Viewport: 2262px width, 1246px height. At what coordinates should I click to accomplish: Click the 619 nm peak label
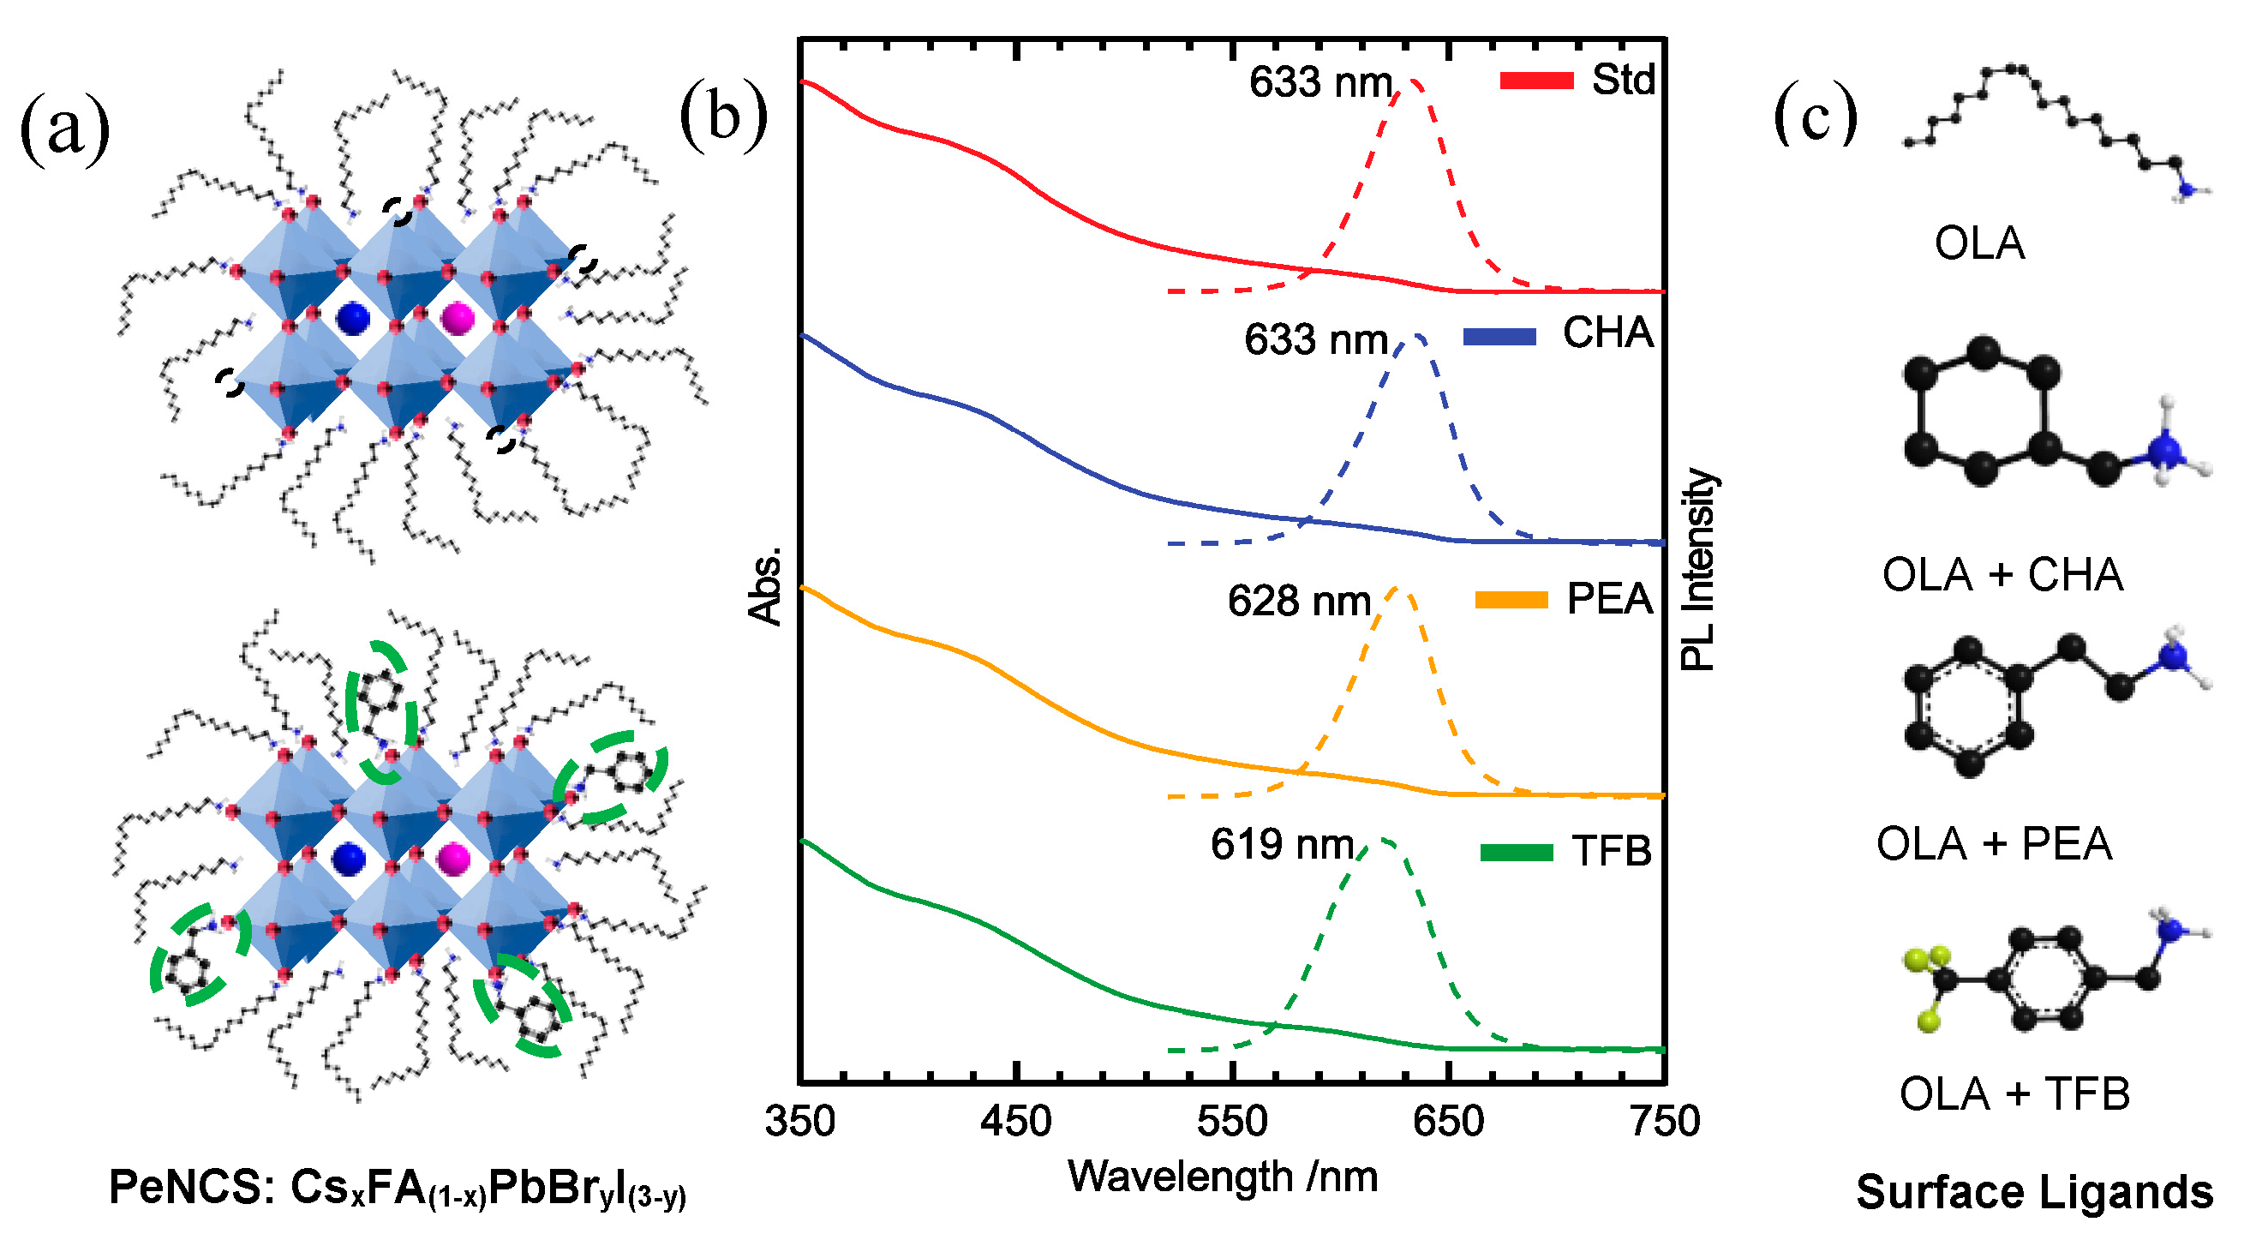coord(1282,845)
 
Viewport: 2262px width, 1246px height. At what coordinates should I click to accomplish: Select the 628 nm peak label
coord(1299,602)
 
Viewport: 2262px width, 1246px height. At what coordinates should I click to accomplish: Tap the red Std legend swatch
coord(1535,81)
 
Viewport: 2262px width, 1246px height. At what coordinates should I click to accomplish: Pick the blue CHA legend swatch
coord(1499,336)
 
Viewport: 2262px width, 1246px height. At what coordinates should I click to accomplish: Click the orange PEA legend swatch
coord(1511,601)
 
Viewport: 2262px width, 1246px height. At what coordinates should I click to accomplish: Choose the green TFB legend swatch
coord(1517,852)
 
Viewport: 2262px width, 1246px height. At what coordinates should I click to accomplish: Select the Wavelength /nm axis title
coord(1224,1177)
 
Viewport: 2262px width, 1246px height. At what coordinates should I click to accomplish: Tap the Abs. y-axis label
coord(765,585)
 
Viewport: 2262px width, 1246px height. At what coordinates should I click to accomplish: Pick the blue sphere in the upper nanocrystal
coord(353,318)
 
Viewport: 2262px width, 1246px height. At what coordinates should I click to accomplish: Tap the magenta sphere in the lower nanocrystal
coord(453,859)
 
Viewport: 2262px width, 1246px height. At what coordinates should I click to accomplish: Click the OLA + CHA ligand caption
coord(2002,576)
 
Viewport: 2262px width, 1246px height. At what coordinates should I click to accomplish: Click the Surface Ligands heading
coord(2034,1192)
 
